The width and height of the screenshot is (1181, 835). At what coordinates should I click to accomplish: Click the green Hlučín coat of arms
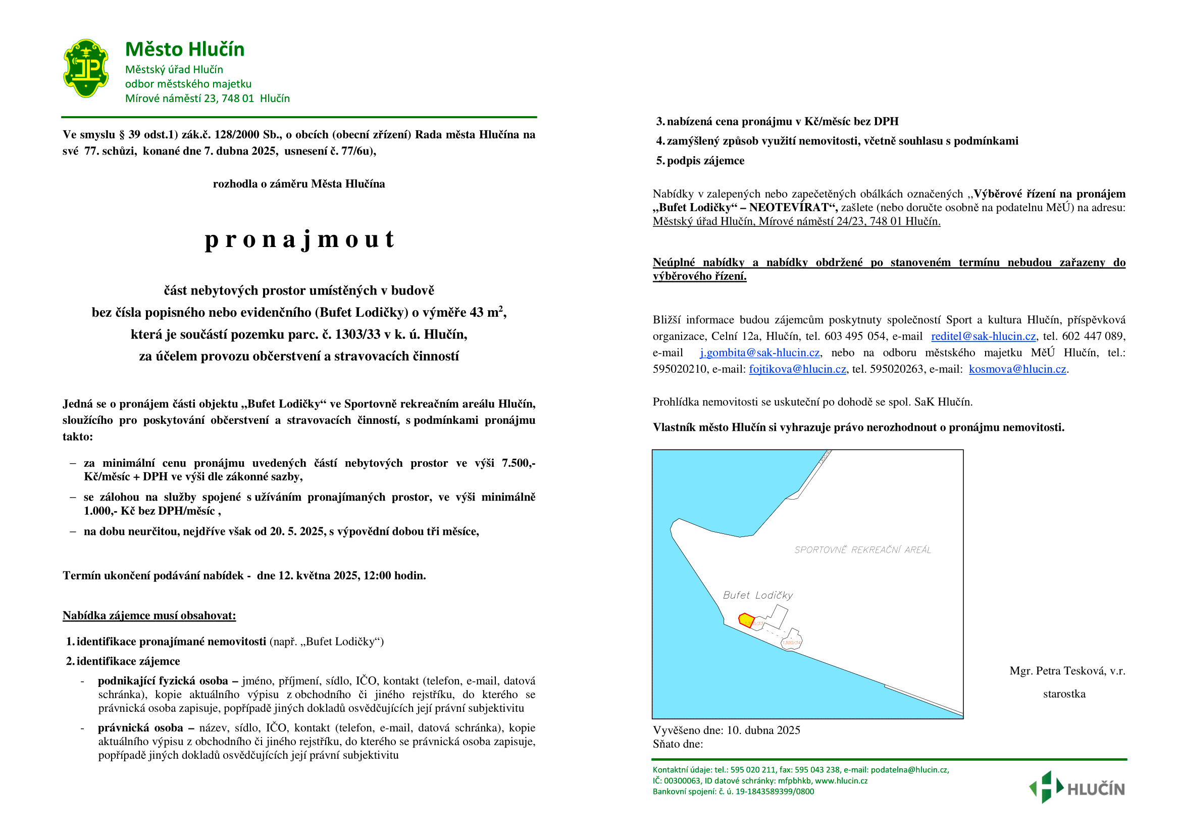[86, 68]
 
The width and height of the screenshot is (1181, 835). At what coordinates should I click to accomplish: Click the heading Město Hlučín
[185, 50]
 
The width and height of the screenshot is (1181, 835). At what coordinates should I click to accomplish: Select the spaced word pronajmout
[299, 239]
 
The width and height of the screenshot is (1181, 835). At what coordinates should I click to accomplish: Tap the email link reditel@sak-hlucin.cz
[983, 336]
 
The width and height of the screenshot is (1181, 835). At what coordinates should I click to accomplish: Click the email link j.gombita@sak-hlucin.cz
[759, 353]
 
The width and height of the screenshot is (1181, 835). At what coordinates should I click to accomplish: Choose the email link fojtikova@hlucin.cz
[797, 369]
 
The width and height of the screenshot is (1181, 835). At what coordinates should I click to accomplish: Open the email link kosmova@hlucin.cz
[1017, 369]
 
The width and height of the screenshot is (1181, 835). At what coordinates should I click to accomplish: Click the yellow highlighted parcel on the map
[746, 619]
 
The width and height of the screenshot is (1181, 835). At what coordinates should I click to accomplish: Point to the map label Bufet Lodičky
[758, 595]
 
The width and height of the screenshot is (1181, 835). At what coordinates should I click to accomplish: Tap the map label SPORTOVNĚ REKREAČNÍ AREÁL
[862, 550]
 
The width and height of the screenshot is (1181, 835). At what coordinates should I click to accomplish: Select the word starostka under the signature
[1064, 694]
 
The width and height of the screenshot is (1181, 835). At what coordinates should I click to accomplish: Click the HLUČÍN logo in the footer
[1077, 788]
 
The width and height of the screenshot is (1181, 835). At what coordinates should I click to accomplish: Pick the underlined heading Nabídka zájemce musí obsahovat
[149, 616]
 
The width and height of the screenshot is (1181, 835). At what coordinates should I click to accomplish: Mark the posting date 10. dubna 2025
[763, 730]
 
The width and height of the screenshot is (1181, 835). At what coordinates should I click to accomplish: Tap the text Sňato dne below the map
[678, 744]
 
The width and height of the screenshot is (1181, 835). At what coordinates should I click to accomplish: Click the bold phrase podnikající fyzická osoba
[163, 681]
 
